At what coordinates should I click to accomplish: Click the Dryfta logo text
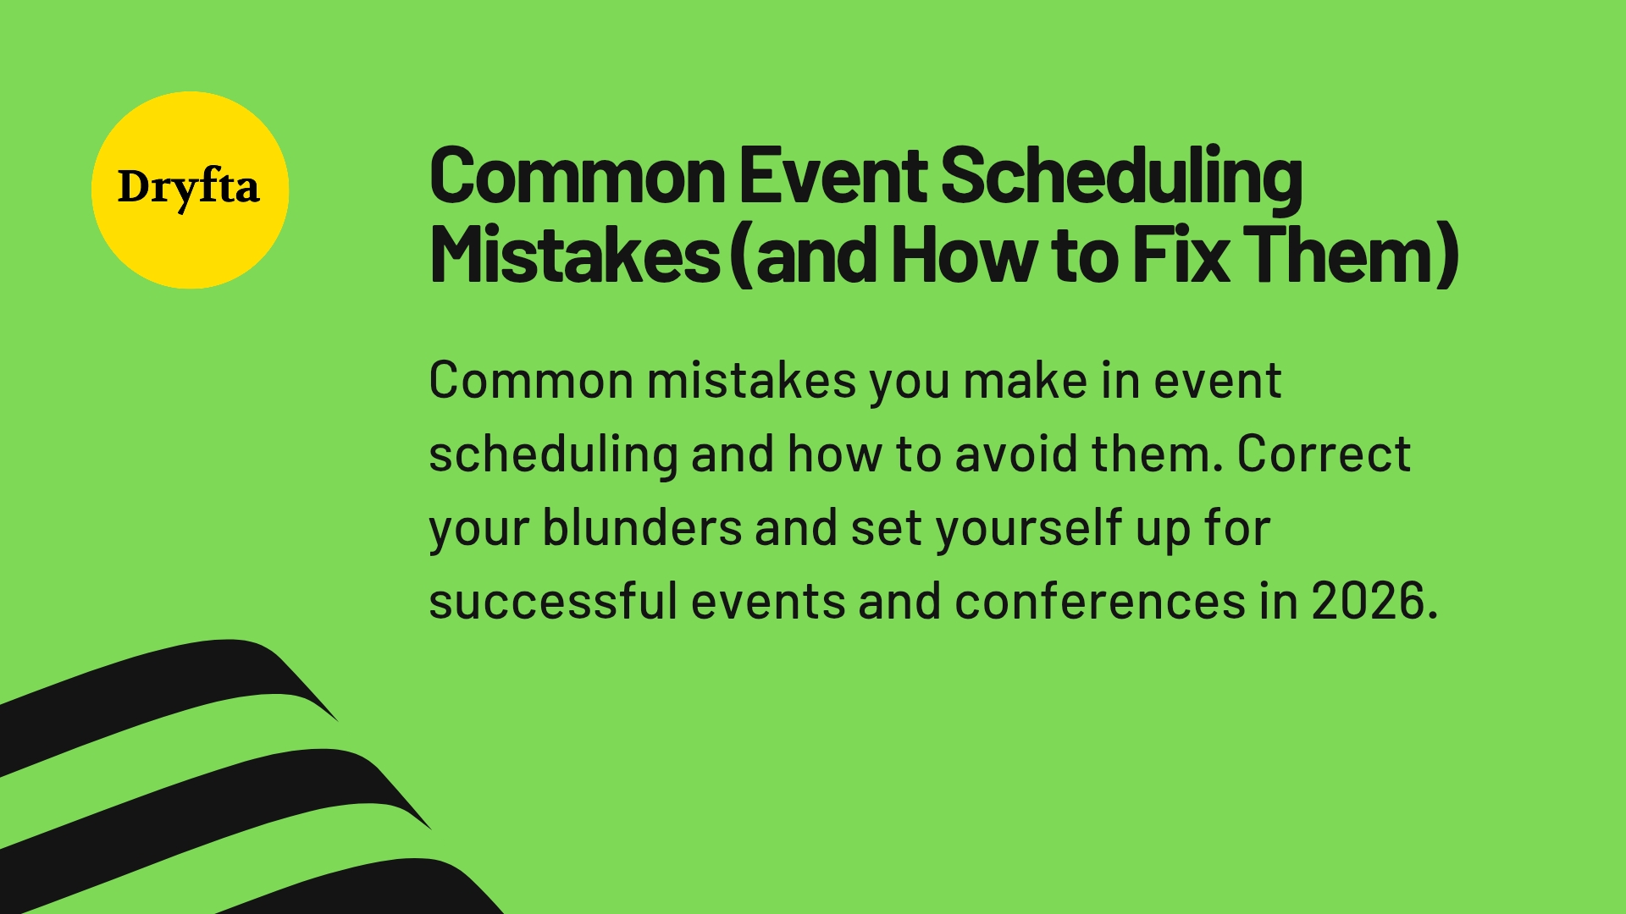(x=188, y=188)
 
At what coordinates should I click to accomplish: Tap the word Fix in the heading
(x=1181, y=255)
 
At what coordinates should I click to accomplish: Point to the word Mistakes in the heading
(x=575, y=255)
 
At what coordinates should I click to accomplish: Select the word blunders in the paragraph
(x=642, y=528)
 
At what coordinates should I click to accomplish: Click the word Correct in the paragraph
(x=1324, y=454)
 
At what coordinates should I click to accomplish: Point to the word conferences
(x=1100, y=602)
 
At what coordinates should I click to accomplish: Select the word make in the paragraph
(x=1025, y=381)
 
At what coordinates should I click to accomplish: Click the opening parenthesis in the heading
(x=742, y=255)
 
